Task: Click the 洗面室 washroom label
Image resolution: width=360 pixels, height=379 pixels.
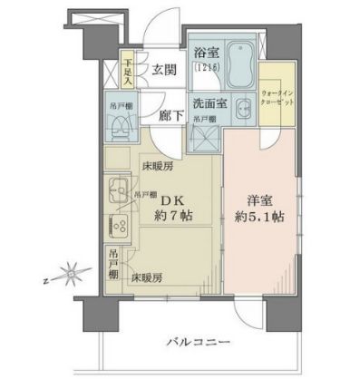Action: click(208, 102)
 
